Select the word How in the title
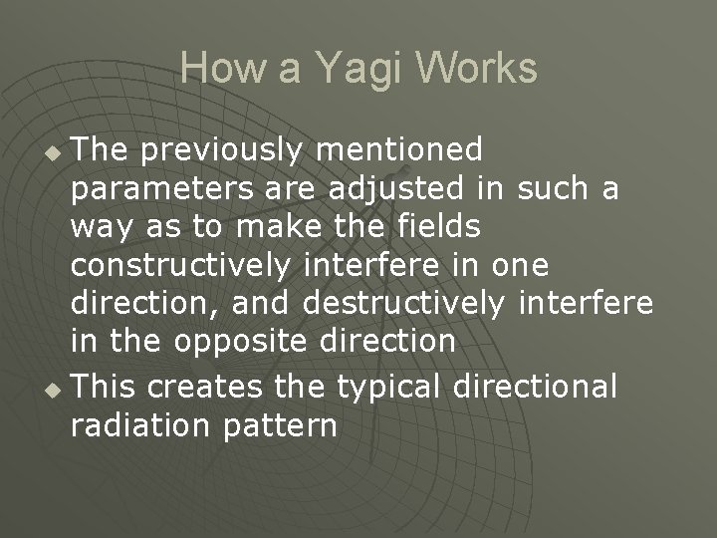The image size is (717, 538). [215, 69]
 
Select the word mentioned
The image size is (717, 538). [399, 150]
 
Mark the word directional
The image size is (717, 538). [544, 385]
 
